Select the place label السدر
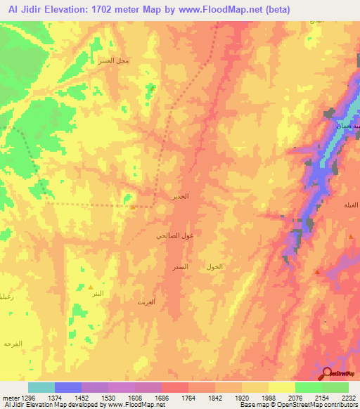tap(180, 268)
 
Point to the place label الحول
tap(214, 267)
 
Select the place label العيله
tap(349, 204)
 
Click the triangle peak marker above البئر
tap(91, 287)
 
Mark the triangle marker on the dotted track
tap(132, 207)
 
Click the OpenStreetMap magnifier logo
tap(327, 375)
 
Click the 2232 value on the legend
tap(349, 397)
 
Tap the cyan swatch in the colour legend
tap(41, 387)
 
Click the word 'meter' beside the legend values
tap(9, 397)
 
